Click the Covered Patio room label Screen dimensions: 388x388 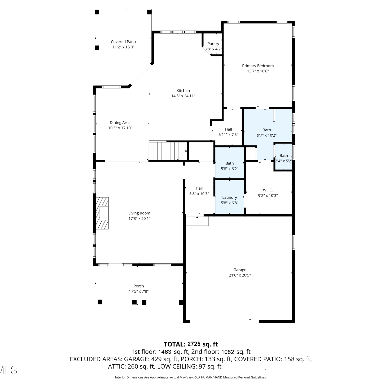(123, 42)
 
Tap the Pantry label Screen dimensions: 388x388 (213, 44)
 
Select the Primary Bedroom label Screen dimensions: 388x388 (258, 66)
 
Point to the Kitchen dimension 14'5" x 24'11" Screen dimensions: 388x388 (183, 96)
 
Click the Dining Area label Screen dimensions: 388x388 (120, 123)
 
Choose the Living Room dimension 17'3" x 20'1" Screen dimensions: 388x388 (139, 219)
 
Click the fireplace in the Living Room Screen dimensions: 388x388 (102, 213)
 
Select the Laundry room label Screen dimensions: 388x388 (229, 197)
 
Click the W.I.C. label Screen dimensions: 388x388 (268, 190)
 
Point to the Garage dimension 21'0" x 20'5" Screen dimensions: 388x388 (240, 275)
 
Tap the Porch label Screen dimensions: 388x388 (139, 286)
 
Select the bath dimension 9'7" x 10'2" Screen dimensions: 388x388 (267, 135)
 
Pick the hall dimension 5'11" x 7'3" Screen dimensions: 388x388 (228, 135)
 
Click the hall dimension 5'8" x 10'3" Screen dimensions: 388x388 (199, 194)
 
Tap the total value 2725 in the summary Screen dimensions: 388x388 (194, 344)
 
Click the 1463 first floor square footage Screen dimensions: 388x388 (165, 352)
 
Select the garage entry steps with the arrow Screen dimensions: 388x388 (197, 221)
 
